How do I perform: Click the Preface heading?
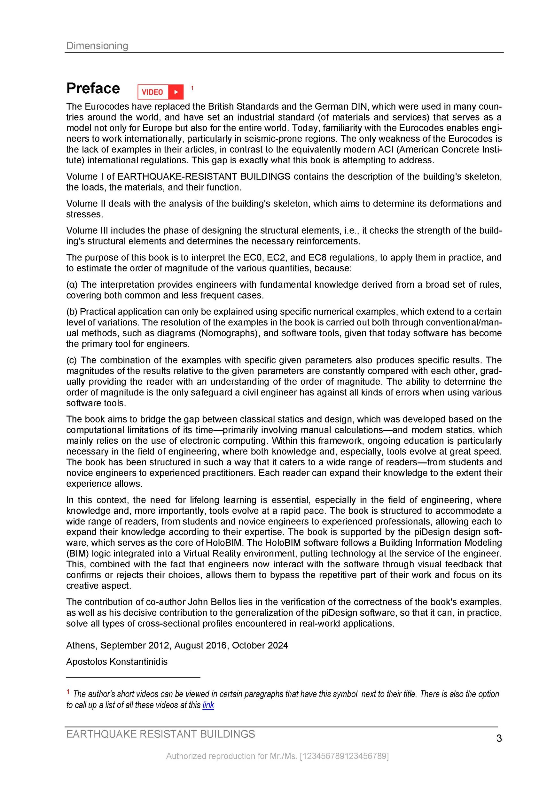pos(93,89)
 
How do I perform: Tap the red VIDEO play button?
pos(160,92)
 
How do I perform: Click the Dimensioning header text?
pos(97,45)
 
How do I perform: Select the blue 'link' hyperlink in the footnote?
pos(208,705)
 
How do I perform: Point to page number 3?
pos(499,739)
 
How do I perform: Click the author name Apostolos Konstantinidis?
pos(117,662)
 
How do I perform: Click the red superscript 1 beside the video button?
pos(192,88)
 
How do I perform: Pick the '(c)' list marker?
pos(72,360)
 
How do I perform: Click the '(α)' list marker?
pos(72,284)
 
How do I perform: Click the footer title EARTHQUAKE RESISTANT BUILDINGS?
pos(160,734)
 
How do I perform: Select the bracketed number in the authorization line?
pos(344,756)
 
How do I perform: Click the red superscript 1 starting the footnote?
pos(68,692)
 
